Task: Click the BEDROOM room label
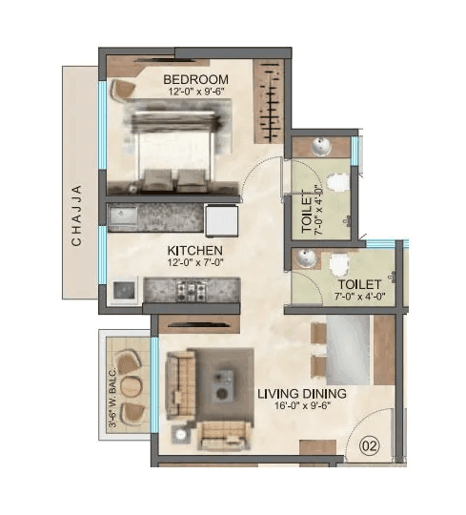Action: (x=195, y=78)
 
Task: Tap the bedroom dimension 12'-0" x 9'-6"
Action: (x=194, y=92)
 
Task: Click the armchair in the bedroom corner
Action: (x=122, y=88)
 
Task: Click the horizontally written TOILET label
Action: (x=359, y=284)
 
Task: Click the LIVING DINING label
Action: (x=302, y=393)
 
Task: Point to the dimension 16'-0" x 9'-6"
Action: (x=303, y=407)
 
